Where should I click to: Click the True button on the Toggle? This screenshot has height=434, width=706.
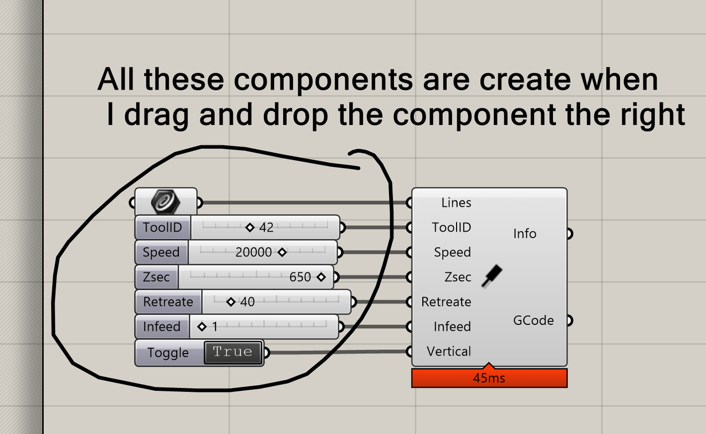pyautogui.click(x=233, y=353)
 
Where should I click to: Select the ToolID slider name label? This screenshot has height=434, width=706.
pyautogui.click(x=162, y=228)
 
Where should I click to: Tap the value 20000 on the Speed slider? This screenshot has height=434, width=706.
pyautogui.click(x=253, y=252)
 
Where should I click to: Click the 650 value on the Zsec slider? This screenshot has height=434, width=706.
pyautogui.click(x=300, y=277)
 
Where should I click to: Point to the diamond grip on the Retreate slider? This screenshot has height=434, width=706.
pyautogui.click(x=231, y=302)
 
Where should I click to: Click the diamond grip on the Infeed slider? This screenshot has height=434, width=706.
pyautogui.click(x=202, y=327)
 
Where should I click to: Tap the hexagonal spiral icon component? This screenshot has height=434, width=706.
pyautogui.click(x=166, y=202)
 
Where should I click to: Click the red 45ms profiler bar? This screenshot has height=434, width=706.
pyautogui.click(x=489, y=378)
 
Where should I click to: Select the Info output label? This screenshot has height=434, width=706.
pyautogui.click(x=525, y=234)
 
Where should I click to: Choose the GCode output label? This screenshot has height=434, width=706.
pyautogui.click(x=533, y=321)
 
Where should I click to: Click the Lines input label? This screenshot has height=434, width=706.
pyautogui.click(x=456, y=203)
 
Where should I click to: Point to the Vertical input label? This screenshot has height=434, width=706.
pyautogui.click(x=449, y=352)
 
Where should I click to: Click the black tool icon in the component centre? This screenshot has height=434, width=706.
pyautogui.click(x=492, y=276)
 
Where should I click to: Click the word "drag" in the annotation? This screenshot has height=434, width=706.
pyautogui.click(x=156, y=115)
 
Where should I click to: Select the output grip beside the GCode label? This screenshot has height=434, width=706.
pyautogui.click(x=570, y=321)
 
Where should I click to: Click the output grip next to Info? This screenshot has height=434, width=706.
pyautogui.click(x=570, y=234)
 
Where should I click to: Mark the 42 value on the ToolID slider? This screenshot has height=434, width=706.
pyautogui.click(x=266, y=228)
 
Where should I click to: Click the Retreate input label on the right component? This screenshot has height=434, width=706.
pyautogui.click(x=446, y=302)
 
